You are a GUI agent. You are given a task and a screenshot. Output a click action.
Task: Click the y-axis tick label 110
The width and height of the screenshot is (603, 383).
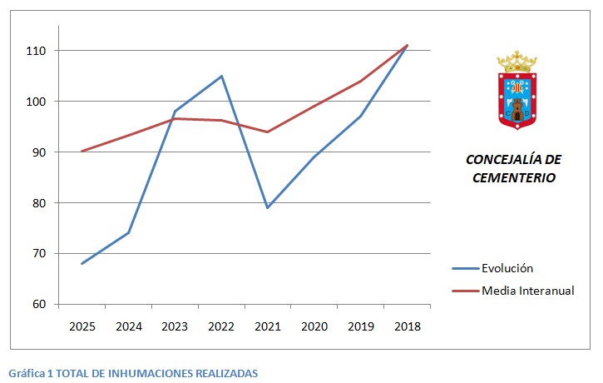pos(37,51)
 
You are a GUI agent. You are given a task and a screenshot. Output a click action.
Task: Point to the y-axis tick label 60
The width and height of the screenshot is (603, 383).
pos(39,304)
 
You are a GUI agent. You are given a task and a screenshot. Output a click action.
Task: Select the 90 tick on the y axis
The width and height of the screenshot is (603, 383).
pos(39,152)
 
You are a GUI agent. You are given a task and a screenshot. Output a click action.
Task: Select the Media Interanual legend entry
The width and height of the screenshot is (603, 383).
pos(527,291)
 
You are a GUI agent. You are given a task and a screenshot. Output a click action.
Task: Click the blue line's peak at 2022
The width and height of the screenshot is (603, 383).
pos(221,76)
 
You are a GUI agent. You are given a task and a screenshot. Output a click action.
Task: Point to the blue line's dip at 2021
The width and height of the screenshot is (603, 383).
pos(267,207)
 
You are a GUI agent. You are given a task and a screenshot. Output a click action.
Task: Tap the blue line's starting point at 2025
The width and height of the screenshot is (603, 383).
pos(82,263)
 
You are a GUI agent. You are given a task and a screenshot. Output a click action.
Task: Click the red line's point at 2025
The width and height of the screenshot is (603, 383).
pos(82,151)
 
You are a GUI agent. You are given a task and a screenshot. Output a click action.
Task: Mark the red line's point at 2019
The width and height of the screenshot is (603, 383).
pos(360,81)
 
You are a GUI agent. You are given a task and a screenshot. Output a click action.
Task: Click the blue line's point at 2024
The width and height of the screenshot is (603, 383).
pos(128,232)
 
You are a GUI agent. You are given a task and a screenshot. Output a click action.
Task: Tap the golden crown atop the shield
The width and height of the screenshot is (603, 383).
pos(517,61)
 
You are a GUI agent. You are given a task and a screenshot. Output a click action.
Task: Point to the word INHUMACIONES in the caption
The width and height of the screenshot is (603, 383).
pos(144,374)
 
